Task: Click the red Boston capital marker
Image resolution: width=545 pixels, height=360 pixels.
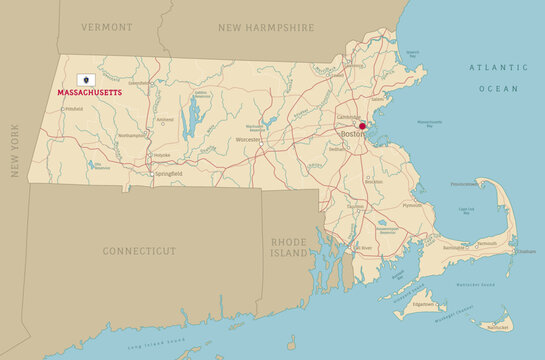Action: (x=363, y=126)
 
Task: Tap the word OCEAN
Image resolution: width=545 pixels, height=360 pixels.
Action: (x=498, y=89)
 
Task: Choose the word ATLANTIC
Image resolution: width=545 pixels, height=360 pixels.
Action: (x=498, y=67)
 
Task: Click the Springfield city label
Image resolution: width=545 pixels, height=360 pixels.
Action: (x=168, y=174)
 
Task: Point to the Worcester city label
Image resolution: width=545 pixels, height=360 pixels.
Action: (x=248, y=140)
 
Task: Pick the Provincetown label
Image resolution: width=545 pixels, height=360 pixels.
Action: (x=463, y=185)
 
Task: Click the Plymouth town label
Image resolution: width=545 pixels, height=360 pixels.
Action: (x=412, y=205)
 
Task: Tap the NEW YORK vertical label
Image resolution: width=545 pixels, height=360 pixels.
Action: (x=15, y=150)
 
